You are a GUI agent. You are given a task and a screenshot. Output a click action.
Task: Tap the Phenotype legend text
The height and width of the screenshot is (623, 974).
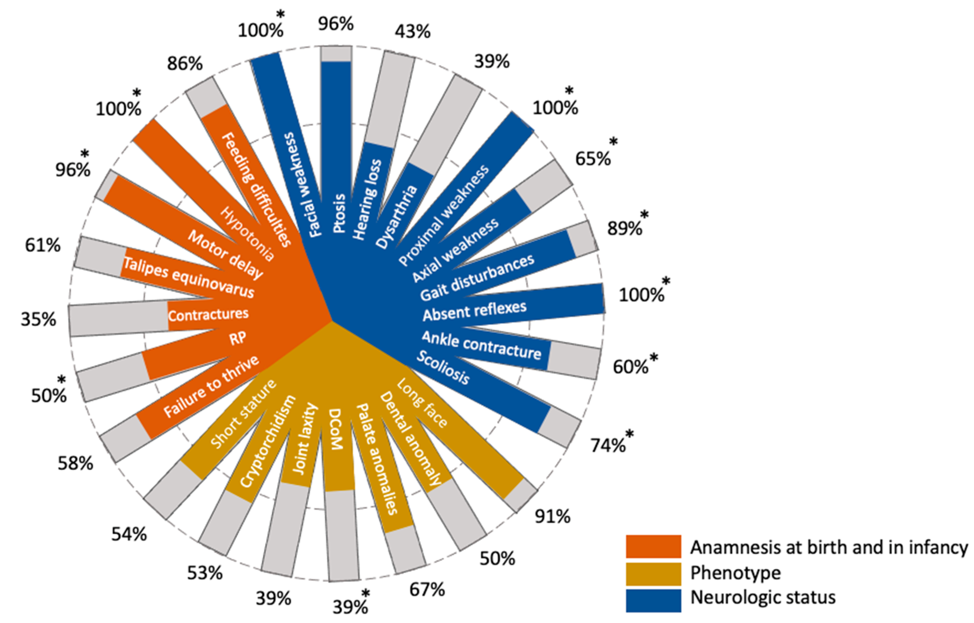point(735,573)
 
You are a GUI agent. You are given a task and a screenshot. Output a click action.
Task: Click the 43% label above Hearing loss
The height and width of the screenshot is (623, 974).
point(413,31)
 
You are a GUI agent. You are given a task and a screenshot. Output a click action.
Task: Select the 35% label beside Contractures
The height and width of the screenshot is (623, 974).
point(38,319)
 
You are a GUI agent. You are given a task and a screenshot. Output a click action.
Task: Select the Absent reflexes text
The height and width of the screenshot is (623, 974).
point(475,311)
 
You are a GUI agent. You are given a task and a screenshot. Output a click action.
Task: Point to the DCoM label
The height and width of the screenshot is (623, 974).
point(335,429)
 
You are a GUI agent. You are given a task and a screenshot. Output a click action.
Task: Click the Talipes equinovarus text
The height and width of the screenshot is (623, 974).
point(189,277)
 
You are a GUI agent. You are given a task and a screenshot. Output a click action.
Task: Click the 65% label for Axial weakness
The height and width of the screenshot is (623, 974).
point(593,159)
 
